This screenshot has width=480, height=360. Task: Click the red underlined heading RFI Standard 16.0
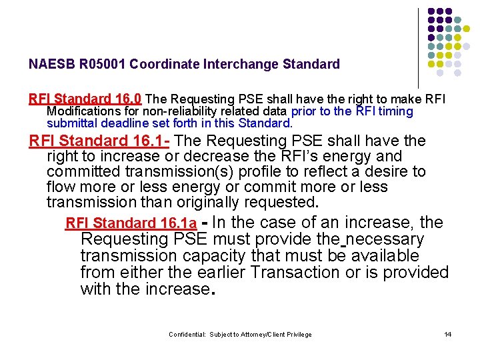tap(85, 99)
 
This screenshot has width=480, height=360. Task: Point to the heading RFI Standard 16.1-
tap(100, 141)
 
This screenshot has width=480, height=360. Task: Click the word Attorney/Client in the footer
tap(261, 335)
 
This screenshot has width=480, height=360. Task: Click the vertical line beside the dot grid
tap(418, 47)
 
